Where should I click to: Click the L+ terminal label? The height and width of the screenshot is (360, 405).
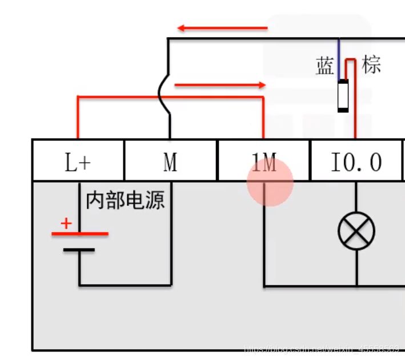point(78,163)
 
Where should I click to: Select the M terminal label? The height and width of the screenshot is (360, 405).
point(170,163)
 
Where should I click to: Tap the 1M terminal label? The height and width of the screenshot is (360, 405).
point(264,164)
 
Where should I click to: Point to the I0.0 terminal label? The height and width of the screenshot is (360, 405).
point(356,163)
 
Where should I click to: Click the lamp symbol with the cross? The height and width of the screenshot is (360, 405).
point(356,232)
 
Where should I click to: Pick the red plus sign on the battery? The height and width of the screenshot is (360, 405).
point(67,223)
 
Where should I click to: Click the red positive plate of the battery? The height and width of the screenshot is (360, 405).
point(79,233)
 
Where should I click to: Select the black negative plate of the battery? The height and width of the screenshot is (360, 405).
point(79,250)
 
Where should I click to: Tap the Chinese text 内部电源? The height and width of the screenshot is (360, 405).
point(125,200)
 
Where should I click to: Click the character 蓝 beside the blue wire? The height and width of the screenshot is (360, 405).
point(325,66)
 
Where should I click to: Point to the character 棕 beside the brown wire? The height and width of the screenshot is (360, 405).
point(371,64)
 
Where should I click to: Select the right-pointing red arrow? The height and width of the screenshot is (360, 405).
point(220,86)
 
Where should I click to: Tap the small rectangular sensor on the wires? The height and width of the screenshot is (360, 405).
point(343,96)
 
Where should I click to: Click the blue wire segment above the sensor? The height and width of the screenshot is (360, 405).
point(339,57)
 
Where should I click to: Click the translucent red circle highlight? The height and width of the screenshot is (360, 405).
point(270,183)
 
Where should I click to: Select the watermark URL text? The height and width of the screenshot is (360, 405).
point(323,347)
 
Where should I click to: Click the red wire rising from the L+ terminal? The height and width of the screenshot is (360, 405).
point(78,117)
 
